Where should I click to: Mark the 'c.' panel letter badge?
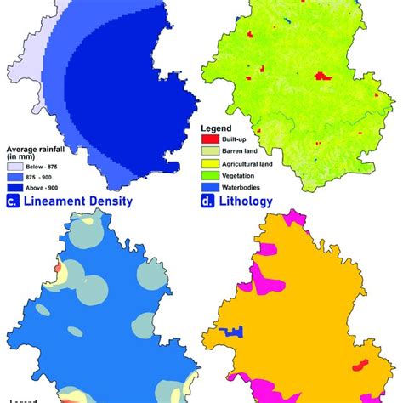click(13, 201)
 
